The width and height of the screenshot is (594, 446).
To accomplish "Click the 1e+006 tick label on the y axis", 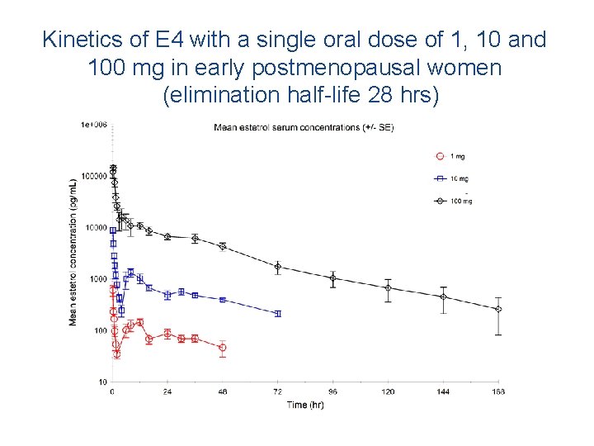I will [94, 125].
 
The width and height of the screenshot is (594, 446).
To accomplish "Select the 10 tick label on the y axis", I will [101, 382].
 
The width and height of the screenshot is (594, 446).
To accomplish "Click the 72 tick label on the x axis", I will [277, 391].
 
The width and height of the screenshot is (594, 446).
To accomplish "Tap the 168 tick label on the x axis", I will [497, 391].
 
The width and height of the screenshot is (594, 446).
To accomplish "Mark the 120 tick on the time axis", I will [388, 391].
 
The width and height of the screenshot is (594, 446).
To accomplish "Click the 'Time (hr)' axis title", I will [305, 404].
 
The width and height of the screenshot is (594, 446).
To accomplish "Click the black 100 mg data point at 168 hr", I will [498, 309].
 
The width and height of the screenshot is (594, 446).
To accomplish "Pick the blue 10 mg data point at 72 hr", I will [278, 314].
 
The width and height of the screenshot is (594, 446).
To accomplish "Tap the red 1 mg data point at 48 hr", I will [223, 348].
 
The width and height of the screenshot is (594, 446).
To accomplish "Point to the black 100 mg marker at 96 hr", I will [333, 278].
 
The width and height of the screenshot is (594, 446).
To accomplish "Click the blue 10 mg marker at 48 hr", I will [223, 300].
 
